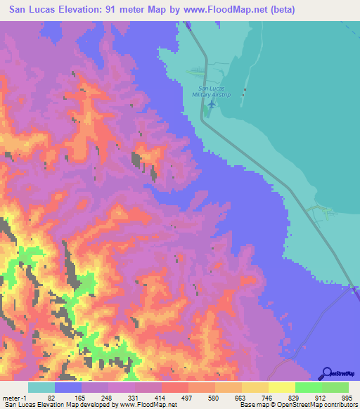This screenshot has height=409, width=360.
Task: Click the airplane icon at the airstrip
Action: pyautogui.click(x=212, y=105)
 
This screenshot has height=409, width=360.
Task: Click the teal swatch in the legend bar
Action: pyautogui.click(x=41, y=387)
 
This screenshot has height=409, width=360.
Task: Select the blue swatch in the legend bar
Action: pyautogui.click(x=67, y=387)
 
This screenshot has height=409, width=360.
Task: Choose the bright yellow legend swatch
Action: pyautogui.click(x=281, y=387)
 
